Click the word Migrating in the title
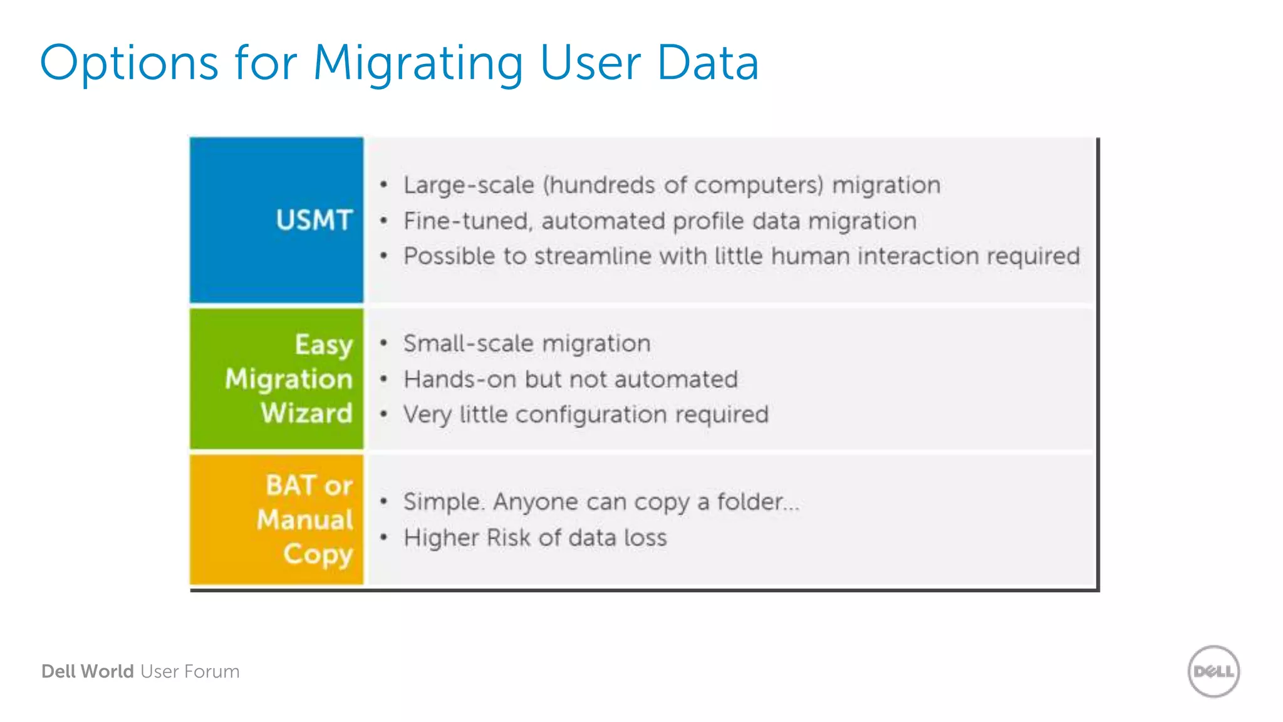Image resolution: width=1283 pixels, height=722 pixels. pos(418,64)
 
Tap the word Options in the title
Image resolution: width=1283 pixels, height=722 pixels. pos(128,64)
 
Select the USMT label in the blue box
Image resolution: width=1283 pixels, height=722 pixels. pos(314,221)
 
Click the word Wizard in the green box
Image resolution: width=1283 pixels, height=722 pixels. pos(306,414)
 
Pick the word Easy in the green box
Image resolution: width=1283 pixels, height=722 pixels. pos(324,345)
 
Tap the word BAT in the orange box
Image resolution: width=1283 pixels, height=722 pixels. pos(291,486)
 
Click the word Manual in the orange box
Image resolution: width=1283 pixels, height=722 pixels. pos(305,520)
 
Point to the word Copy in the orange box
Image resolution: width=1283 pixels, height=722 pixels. pos(318,555)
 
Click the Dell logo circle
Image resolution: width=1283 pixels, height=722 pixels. pos(1213,671)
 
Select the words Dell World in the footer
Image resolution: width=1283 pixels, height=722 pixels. pos(88,671)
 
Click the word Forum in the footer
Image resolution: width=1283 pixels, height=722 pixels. pos(212,671)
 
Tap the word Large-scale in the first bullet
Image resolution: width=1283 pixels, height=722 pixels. pos(469,186)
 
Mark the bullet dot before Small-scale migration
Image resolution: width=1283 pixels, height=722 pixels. pos(384,343)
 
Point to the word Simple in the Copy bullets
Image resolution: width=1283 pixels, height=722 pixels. pos(442,502)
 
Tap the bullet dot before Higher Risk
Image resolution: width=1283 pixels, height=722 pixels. pos(384,537)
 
